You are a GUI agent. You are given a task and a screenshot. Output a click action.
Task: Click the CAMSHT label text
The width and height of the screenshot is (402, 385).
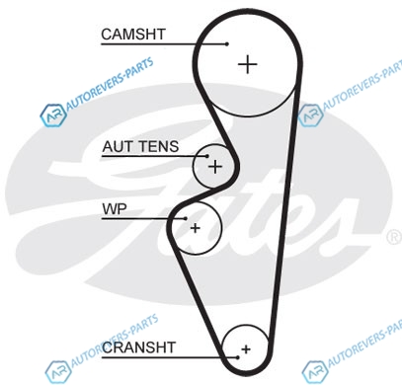pos(133,35)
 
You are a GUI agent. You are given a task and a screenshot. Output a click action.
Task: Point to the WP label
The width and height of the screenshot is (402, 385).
pos(115,209)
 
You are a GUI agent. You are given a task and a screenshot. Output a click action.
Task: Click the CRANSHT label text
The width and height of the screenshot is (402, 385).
pos(138,347)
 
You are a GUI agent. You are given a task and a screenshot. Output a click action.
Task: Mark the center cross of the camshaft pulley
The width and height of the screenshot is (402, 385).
pos(247,64)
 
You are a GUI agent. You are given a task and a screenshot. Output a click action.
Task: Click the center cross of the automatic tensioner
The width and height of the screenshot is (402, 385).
pos(215,167)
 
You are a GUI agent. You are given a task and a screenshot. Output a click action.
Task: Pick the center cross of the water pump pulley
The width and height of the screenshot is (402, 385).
pos(196,228)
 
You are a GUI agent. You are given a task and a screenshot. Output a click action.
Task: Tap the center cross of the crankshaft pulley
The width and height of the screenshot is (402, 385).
pos(246,349)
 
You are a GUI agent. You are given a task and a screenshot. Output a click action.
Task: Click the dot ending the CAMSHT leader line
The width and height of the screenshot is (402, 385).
pos(227,43)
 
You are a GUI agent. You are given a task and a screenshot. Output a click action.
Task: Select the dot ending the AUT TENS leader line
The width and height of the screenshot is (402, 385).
pos(207,156)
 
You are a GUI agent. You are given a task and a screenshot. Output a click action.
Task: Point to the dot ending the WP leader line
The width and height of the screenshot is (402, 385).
pos(186,218)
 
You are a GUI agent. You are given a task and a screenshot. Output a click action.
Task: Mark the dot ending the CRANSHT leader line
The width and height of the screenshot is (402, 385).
pos(237,357)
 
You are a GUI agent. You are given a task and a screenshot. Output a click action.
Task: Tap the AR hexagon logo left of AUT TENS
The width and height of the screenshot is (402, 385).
pos(53,115)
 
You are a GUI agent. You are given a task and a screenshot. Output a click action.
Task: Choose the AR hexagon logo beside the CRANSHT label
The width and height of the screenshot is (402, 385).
pos(58,371)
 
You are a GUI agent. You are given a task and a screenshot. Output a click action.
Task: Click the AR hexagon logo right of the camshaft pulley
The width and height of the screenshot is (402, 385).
pos(310,115)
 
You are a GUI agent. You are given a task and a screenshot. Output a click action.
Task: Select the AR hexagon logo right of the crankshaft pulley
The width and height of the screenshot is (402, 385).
pos(315,372)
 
